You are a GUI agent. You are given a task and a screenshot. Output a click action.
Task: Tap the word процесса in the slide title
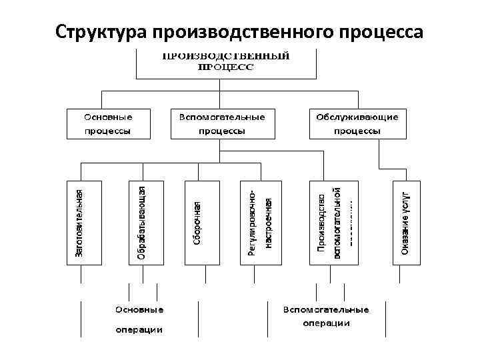pyautogui.click(x=379, y=32)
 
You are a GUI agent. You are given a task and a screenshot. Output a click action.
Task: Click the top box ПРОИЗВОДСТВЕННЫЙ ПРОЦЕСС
pyautogui.click(x=226, y=61)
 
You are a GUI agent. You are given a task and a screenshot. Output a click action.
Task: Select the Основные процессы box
pyautogui.click(x=108, y=123)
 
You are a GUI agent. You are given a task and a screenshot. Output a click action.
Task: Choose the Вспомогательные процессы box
pyautogui.click(x=222, y=123)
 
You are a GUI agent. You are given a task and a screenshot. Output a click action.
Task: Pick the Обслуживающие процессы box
pyautogui.click(x=358, y=123)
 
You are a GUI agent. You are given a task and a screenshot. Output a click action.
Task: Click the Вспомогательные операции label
pyautogui.click(x=326, y=317)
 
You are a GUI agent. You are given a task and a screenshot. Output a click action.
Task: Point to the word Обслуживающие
pyautogui.click(x=358, y=117)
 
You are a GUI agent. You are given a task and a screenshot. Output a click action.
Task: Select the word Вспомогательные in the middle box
pyautogui.click(x=222, y=117)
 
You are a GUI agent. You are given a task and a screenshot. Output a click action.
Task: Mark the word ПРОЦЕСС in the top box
pyautogui.click(x=226, y=67)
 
